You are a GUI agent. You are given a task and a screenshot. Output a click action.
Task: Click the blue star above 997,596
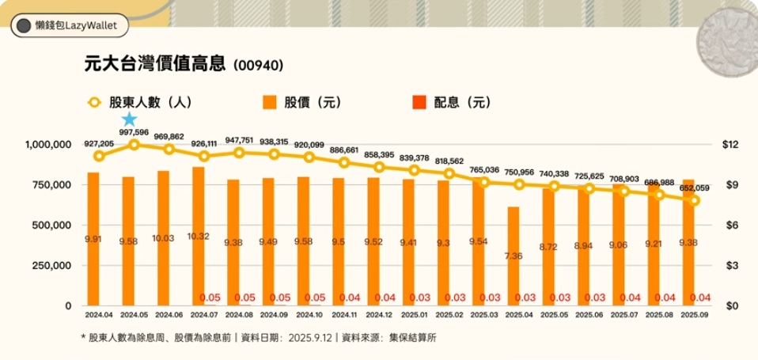pos(129,119)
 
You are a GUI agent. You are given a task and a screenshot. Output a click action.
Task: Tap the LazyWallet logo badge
pos(67,25)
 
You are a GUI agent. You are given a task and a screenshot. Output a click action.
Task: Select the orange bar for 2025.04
pos(514,255)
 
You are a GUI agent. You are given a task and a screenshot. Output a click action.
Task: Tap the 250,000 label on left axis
pos(53,266)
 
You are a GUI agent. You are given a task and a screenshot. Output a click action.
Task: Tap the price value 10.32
pos(199,236)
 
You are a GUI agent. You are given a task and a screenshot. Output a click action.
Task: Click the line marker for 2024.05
pos(134,145)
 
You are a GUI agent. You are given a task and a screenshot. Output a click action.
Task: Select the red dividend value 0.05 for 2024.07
pos(210,297)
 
